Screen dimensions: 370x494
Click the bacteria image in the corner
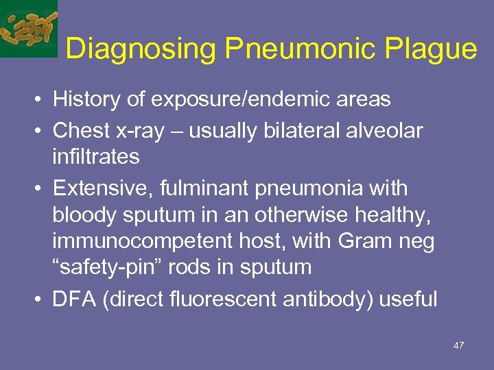(28, 27)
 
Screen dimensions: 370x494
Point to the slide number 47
(458, 345)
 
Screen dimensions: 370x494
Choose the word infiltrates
(96, 157)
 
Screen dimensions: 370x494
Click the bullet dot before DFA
(41, 299)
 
